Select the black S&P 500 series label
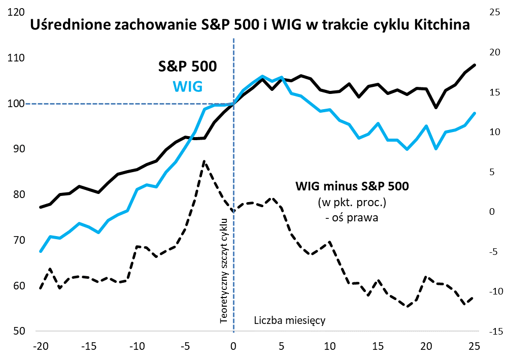point(187,67)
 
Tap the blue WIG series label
point(188,86)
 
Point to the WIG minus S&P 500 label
point(352,186)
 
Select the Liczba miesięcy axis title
point(289,320)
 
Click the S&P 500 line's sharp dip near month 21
point(436,108)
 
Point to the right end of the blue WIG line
point(474,113)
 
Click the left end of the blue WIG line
point(41,251)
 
